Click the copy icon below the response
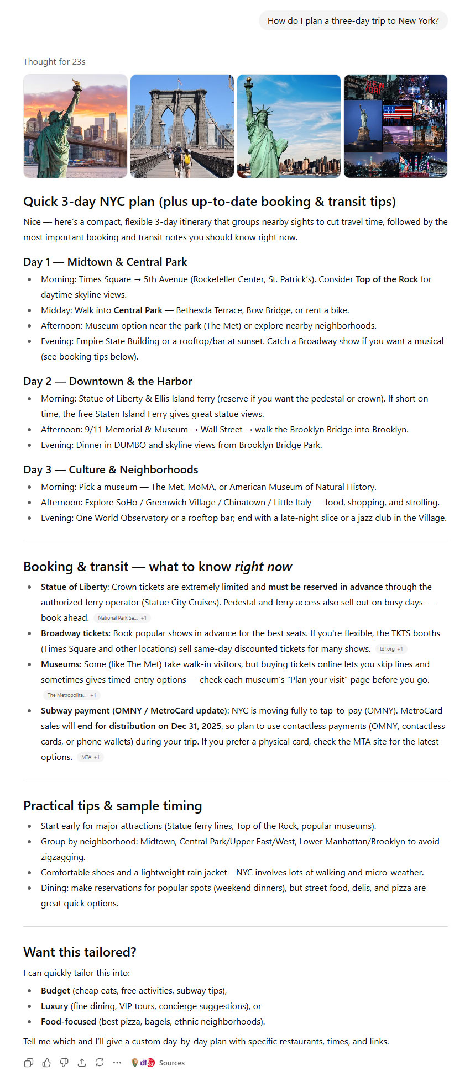tap(29, 1062)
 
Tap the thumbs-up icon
tap(46, 1062)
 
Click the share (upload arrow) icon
tap(82, 1062)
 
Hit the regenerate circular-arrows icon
tap(100, 1062)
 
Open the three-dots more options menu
tap(117, 1062)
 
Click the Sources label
tap(171, 1063)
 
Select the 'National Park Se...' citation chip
tap(122, 618)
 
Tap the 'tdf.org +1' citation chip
tap(391, 649)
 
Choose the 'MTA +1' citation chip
tap(90, 757)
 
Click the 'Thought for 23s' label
tap(54, 62)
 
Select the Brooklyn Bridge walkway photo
tap(182, 126)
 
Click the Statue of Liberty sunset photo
tap(75, 126)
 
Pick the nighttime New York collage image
tap(395, 126)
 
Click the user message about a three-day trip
tap(353, 21)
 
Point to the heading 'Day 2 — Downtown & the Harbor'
tap(108, 381)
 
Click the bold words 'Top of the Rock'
tap(387, 279)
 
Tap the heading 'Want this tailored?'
tap(80, 952)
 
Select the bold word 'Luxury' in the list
tap(54, 1006)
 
